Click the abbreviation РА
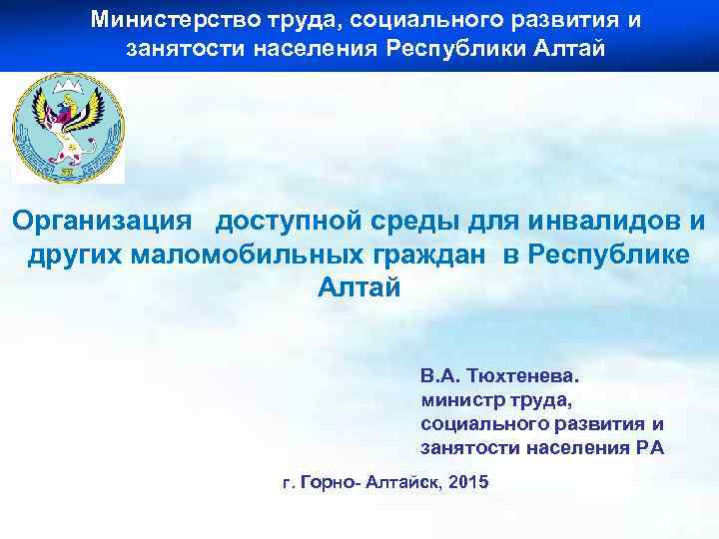tap(649, 447)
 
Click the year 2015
tap(469, 483)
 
